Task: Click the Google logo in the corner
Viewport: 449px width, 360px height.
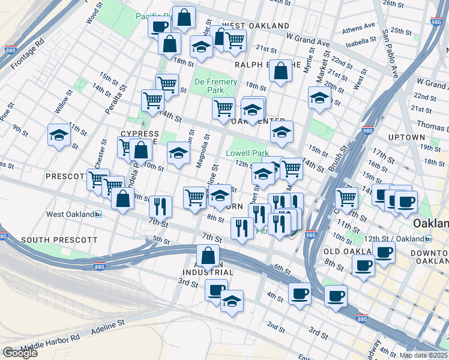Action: (20, 353)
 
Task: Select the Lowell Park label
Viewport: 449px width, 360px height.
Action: (247, 153)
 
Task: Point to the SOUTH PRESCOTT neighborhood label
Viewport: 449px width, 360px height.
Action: (59, 240)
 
